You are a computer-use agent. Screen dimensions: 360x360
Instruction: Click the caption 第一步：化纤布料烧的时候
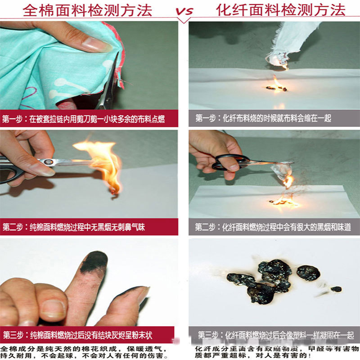[x=263, y=118]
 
